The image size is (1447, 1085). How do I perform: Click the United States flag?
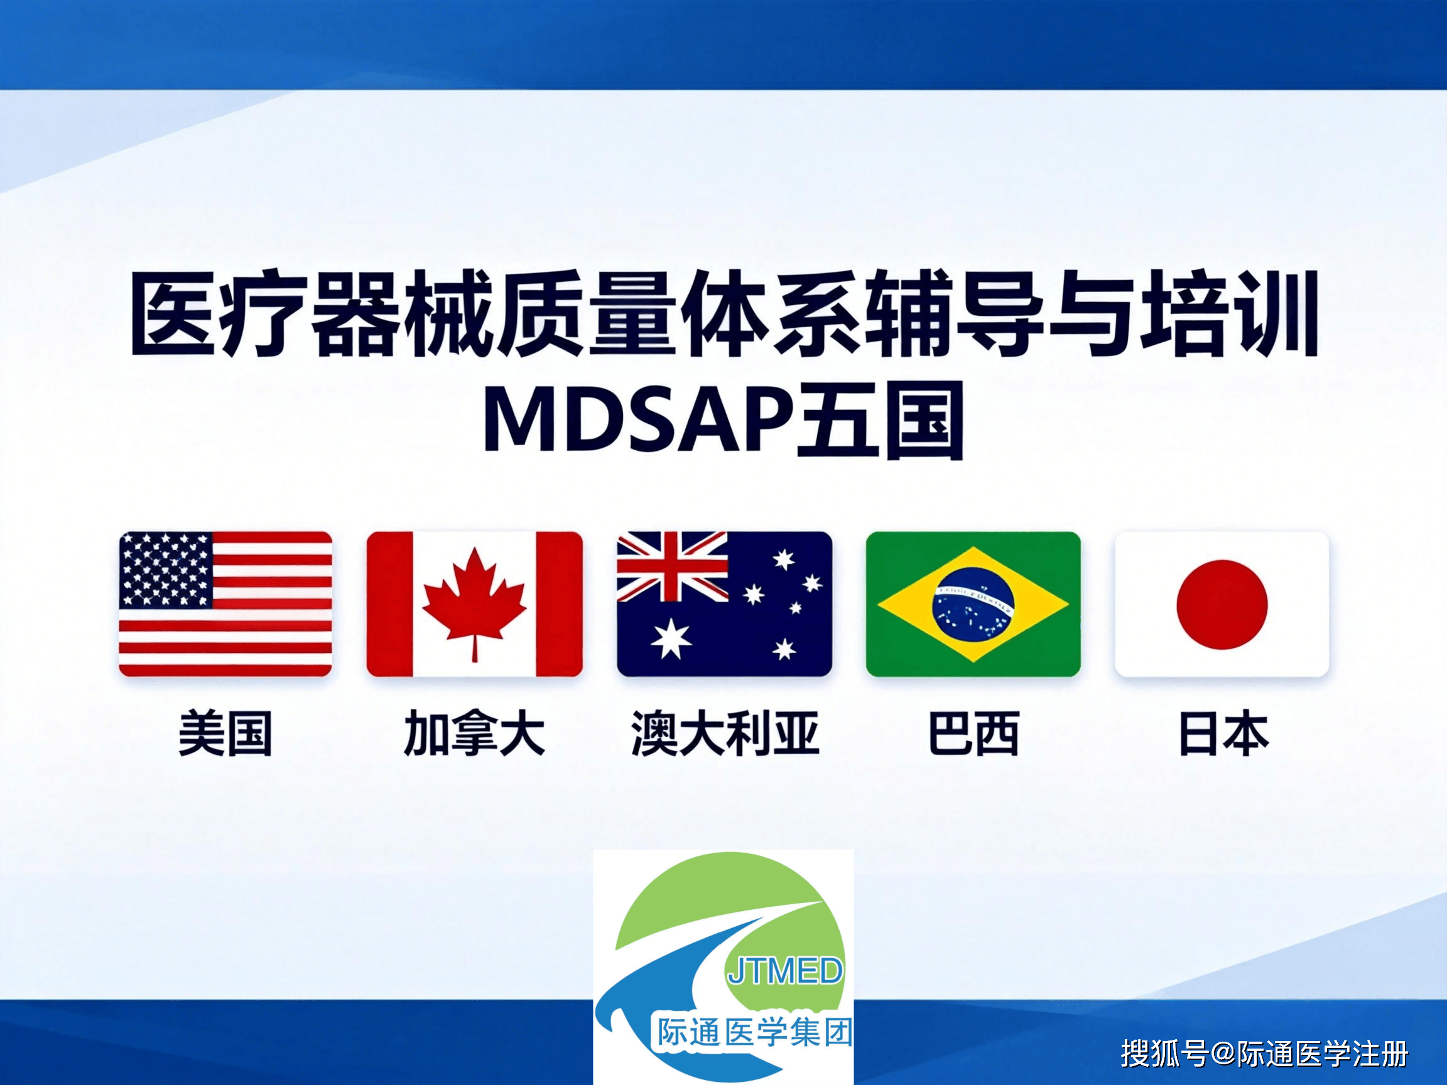click(x=225, y=603)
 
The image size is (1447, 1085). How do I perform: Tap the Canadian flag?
click(x=474, y=603)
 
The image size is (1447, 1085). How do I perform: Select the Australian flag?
click(x=724, y=603)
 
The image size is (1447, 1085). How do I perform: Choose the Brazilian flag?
click(x=973, y=603)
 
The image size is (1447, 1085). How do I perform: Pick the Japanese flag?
click(x=1222, y=603)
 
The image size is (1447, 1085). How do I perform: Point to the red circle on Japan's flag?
click(x=1222, y=604)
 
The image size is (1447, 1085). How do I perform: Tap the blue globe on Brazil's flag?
click(x=973, y=604)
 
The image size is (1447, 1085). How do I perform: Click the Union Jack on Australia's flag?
click(x=673, y=566)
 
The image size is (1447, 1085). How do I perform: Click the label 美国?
click(x=225, y=734)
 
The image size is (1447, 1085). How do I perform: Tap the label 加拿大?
click(x=474, y=734)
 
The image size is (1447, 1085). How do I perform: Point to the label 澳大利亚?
click(x=725, y=734)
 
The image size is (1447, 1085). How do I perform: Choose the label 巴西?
click(x=973, y=734)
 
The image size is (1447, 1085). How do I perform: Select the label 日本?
click(x=1223, y=734)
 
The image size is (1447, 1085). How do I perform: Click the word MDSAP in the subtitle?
click(x=639, y=421)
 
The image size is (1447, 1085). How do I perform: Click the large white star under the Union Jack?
click(x=671, y=639)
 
